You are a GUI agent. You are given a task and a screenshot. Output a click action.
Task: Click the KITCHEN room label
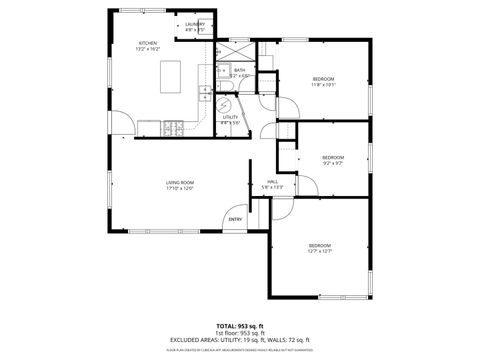click(x=148, y=43)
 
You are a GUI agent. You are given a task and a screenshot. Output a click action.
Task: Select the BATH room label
click(x=240, y=70)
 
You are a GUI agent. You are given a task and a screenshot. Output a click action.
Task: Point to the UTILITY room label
click(x=230, y=118)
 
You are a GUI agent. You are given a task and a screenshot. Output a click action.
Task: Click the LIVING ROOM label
click(x=179, y=182)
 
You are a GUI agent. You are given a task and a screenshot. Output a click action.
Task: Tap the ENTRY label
click(x=235, y=220)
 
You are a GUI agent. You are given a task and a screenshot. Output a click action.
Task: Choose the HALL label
click(x=272, y=181)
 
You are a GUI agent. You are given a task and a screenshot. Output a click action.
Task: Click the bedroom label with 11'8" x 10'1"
click(x=323, y=79)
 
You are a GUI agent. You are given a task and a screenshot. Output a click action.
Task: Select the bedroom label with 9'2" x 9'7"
click(x=333, y=157)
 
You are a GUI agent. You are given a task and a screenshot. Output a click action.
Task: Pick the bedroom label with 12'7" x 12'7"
click(x=319, y=245)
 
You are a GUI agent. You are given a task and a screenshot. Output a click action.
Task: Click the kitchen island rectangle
click(x=168, y=73)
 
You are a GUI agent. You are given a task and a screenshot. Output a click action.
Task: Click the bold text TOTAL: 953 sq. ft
click(x=240, y=325)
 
